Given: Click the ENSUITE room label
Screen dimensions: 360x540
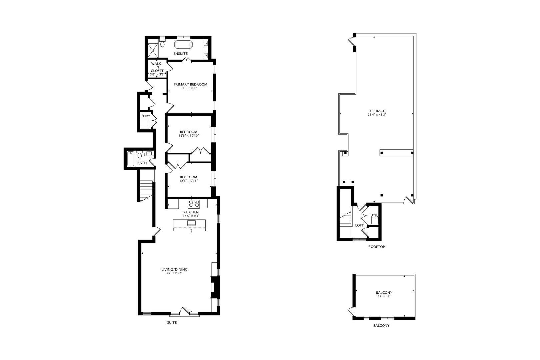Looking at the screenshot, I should [x=180, y=54].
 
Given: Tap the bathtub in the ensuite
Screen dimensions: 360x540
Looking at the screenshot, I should [x=183, y=44].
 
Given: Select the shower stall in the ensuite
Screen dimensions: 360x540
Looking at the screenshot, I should [x=153, y=49].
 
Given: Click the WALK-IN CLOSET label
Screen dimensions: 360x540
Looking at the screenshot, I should [x=157, y=67].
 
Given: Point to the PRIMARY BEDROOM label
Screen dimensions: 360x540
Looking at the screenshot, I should [x=190, y=84].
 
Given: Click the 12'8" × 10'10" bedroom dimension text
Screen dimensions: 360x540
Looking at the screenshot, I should [x=188, y=136].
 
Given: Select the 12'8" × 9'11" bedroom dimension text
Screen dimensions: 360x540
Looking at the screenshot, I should [x=188, y=181].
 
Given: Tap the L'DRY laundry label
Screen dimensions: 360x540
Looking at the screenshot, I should [x=145, y=116].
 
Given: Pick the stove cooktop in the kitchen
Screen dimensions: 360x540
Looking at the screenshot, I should [x=194, y=203].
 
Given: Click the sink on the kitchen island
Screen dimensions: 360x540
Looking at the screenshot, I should [x=191, y=223].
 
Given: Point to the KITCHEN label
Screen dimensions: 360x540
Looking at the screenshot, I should [x=191, y=212].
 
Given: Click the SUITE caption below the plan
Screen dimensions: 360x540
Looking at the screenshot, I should [x=172, y=323].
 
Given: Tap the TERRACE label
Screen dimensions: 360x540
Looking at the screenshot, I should [x=377, y=111].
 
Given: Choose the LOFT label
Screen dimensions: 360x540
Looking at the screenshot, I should [x=359, y=225].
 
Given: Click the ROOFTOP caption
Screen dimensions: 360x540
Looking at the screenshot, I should [x=376, y=247].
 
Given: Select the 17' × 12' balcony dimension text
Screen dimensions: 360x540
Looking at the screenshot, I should [x=384, y=296].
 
